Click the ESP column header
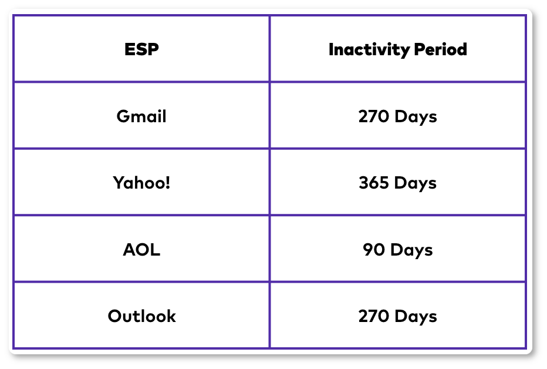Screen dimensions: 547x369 (x=141, y=49)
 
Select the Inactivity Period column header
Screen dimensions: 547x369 (x=398, y=49)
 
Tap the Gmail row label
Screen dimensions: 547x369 (x=141, y=116)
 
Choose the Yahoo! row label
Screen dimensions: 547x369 (x=141, y=183)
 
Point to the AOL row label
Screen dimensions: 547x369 (x=141, y=250)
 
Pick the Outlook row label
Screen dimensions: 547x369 (x=141, y=316)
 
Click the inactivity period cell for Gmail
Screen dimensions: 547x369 (x=398, y=116)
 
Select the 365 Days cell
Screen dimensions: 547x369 (x=398, y=183)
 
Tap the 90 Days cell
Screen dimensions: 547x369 (x=398, y=250)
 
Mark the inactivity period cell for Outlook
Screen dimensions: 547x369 (x=398, y=316)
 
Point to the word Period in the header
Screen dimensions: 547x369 (x=441, y=49)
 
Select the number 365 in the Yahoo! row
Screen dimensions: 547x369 (x=374, y=183)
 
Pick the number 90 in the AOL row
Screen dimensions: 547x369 (x=374, y=250)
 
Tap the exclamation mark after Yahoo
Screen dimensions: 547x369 (x=168, y=183)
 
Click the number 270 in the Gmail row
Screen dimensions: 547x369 (x=373, y=116)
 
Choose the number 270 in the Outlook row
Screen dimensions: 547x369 (x=373, y=316)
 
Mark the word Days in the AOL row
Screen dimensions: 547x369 (x=411, y=250)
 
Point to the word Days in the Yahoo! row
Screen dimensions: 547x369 (x=416, y=183)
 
